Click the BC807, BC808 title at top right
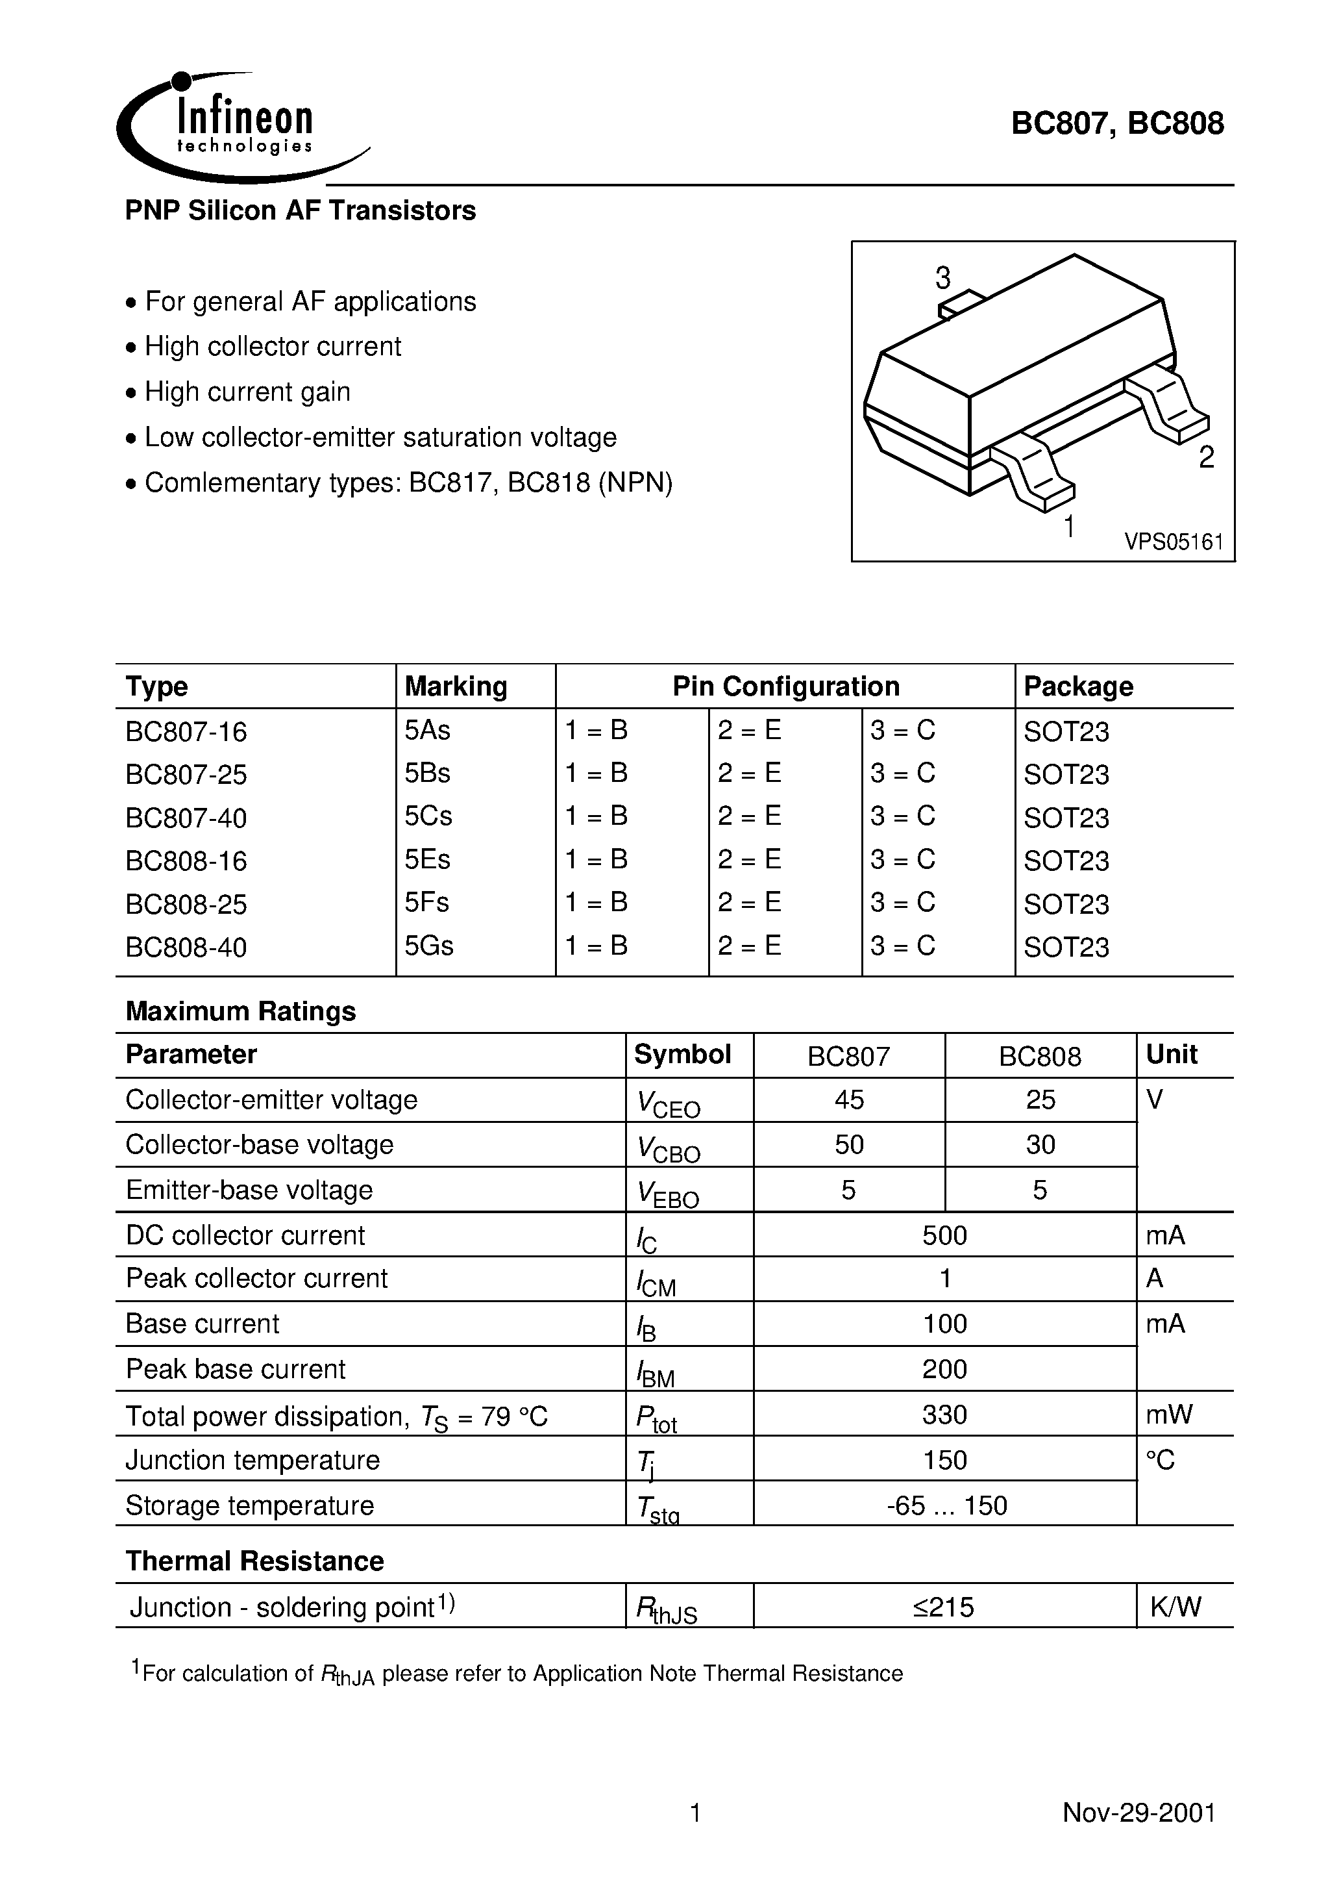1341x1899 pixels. click(x=1117, y=123)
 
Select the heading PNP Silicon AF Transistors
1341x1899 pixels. click(x=300, y=211)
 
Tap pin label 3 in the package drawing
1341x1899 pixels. click(x=942, y=279)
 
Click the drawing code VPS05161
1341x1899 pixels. click(x=1173, y=542)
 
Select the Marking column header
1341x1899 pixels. click(x=456, y=686)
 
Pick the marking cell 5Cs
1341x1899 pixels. click(x=428, y=816)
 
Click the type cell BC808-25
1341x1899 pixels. click(x=186, y=904)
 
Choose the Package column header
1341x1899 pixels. click(x=1078, y=686)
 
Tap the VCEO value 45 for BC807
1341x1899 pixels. click(x=849, y=1100)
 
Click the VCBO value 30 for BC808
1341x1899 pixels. click(x=1040, y=1145)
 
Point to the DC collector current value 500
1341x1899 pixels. click(x=944, y=1235)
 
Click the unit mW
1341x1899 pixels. click(x=1169, y=1415)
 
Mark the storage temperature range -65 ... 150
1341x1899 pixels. click(x=946, y=1505)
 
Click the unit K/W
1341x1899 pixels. click(x=1175, y=1607)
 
